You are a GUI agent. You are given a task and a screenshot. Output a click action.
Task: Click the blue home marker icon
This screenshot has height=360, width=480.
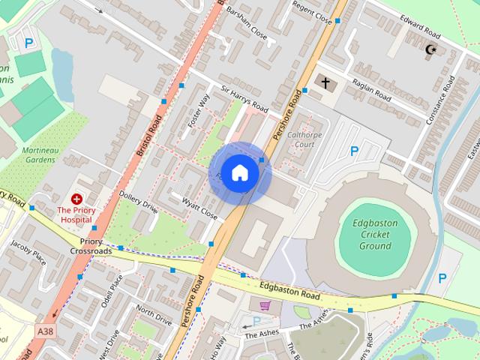pos(239,172)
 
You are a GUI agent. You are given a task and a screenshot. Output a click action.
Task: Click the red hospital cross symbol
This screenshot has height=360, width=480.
pos(76,199)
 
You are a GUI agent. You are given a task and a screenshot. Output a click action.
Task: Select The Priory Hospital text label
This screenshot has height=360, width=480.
pos(76,216)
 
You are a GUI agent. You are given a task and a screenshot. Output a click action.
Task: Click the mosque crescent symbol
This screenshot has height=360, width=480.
pos(430,50)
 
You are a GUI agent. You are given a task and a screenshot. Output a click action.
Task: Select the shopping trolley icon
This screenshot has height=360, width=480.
pos(265,305)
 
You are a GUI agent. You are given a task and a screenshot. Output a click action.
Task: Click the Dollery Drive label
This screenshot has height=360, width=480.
pos(139,202)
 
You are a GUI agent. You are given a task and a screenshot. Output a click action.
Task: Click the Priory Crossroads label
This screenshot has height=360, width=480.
pos(91,246)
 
